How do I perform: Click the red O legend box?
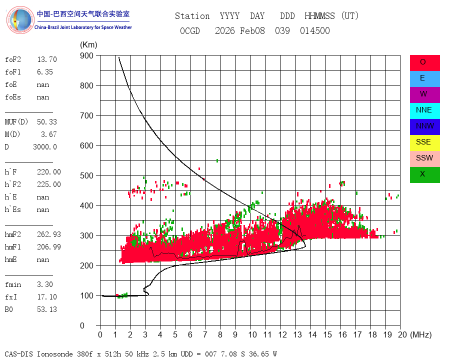click(424, 63)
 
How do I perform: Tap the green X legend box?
click(424, 175)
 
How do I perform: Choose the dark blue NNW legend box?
click(424, 127)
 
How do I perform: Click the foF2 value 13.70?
click(47, 59)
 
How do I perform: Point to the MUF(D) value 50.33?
click(47, 122)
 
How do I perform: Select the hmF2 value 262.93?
click(49, 234)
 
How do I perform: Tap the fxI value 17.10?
click(47, 297)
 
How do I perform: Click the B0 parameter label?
click(9, 309)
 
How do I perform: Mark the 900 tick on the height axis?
click(86, 55)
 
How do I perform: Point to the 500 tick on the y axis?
click(86, 175)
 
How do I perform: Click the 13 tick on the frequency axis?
click(297, 334)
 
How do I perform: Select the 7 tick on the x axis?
click(205, 334)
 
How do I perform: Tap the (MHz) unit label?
click(421, 334)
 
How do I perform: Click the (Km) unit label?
click(88, 45)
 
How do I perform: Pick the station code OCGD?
click(190, 30)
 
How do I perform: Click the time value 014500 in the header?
click(315, 30)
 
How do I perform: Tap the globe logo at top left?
click(20, 20)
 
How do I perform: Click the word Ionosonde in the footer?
click(55, 354)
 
